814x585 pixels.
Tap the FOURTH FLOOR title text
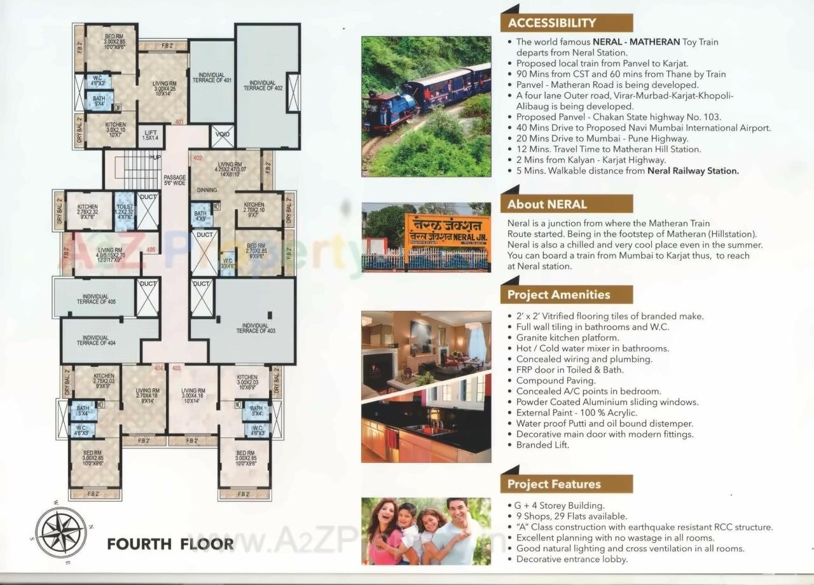pos(170,544)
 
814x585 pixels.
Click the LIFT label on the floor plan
pos(151,134)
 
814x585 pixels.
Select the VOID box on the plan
pos(222,135)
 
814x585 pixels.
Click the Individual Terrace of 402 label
pos(263,85)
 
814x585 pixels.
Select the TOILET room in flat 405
pos(125,210)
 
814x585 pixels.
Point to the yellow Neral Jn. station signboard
pos(447,233)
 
